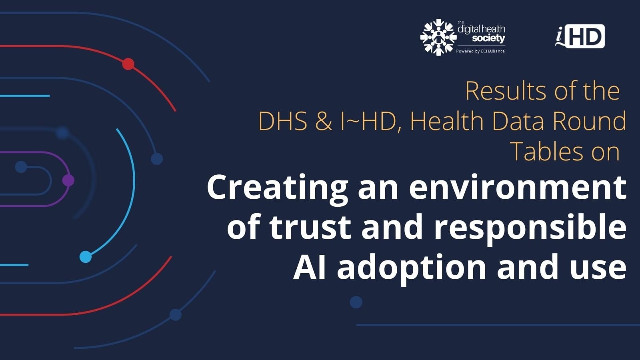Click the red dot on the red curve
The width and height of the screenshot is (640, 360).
click(128, 64)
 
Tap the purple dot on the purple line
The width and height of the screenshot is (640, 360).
click(68, 180)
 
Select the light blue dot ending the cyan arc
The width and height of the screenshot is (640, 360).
click(86, 257)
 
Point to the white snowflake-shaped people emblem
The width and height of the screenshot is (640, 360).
click(438, 37)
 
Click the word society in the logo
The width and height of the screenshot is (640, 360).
click(488, 38)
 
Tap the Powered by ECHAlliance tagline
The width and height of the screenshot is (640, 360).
click(480, 51)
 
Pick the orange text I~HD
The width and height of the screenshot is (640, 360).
click(368, 121)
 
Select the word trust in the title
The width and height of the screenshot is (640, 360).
click(310, 228)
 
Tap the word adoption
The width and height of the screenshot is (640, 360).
click(412, 269)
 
